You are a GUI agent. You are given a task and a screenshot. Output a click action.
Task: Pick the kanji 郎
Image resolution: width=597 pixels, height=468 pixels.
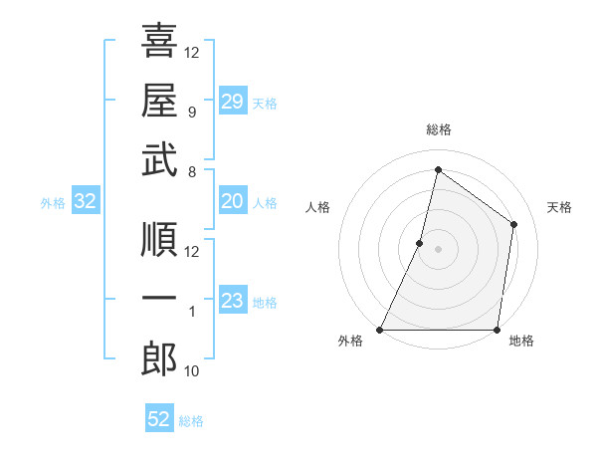click(x=159, y=359)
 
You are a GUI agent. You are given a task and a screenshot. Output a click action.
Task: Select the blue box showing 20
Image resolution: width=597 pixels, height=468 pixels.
click(x=232, y=201)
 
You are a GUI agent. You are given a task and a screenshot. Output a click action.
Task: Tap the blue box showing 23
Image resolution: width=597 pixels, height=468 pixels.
click(x=232, y=301)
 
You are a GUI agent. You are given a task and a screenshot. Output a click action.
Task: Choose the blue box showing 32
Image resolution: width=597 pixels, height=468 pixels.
click(x=86, y=201)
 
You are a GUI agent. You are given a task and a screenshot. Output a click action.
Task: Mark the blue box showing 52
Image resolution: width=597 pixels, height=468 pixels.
click(x=158, y=419)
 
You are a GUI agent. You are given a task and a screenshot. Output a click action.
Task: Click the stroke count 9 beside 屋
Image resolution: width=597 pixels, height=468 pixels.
click(x=192, y=113)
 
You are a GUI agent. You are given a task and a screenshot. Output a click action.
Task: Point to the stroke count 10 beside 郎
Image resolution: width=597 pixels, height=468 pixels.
click(x=192, y=372)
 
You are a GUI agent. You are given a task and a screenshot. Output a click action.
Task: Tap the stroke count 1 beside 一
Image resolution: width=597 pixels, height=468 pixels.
click(x=192, y=313)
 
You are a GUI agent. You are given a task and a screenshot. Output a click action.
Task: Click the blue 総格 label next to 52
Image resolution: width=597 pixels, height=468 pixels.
click(x=191, y=421)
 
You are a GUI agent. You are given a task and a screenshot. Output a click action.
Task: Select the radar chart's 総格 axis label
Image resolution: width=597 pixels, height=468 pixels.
click(x=438, y=129)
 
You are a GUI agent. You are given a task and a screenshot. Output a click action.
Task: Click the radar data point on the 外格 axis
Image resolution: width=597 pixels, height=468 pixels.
click(x=380, y=330)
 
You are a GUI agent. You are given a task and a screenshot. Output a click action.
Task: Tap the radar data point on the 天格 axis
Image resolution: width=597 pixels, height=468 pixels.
click(x=514, y=224)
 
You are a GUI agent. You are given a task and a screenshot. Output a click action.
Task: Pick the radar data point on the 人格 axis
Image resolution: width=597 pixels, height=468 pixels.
click(x=420, y=243)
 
